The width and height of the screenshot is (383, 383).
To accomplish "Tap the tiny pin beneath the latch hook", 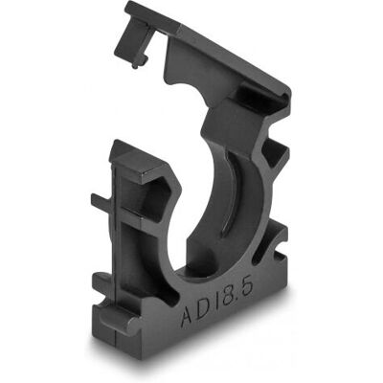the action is (x=135, y=65).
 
